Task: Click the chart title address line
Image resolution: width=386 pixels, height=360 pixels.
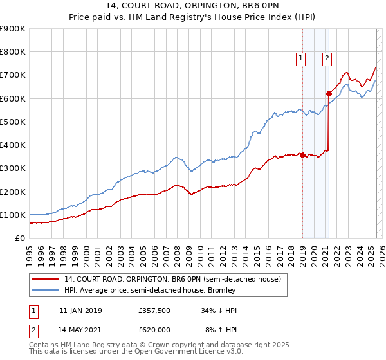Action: click(x=192, y=6)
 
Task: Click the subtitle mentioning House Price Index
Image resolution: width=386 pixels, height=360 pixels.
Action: click(x=192, y=17)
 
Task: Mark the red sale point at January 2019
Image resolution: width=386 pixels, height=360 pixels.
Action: click(x=302, y=155)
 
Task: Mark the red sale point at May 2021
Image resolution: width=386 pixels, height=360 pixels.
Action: click(x=329, y=93)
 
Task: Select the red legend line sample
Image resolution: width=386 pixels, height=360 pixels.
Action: click(x=46, y=280)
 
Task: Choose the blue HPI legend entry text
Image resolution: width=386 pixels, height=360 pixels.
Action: click(x=150, y=290)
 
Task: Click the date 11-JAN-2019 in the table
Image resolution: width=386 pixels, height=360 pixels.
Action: click(x=80, y=310)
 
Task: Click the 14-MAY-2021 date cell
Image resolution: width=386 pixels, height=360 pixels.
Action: click(x=80, y=330)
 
